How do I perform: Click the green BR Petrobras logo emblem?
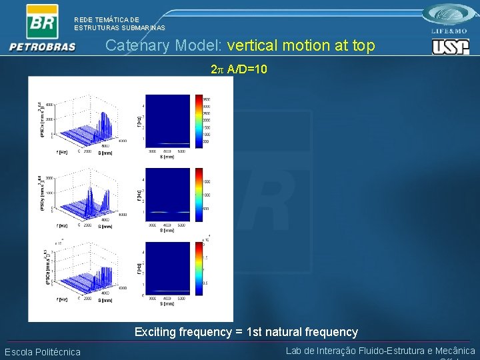(x=42, y=21)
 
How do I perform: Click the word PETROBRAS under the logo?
(x=43, y=47)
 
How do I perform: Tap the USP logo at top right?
(x=451, y=46)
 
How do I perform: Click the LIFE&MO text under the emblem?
(x=451, y=31)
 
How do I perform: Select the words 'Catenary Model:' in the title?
(x=164, y=45)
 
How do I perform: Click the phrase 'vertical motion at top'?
(x=301, y=45)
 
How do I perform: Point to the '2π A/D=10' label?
(x=239, y=69)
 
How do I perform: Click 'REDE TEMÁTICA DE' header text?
(x=107, y=20)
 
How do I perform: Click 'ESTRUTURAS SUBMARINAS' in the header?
(x=119, y=28)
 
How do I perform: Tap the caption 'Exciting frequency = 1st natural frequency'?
(x=246, y=331)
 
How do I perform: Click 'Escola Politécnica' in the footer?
(x=43, y=352)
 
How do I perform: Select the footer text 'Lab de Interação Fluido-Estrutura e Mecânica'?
(x=380, y=351)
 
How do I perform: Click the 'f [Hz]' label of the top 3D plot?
(x=61, y=152)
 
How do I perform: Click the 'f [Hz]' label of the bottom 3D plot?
(x=61, y=300)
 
